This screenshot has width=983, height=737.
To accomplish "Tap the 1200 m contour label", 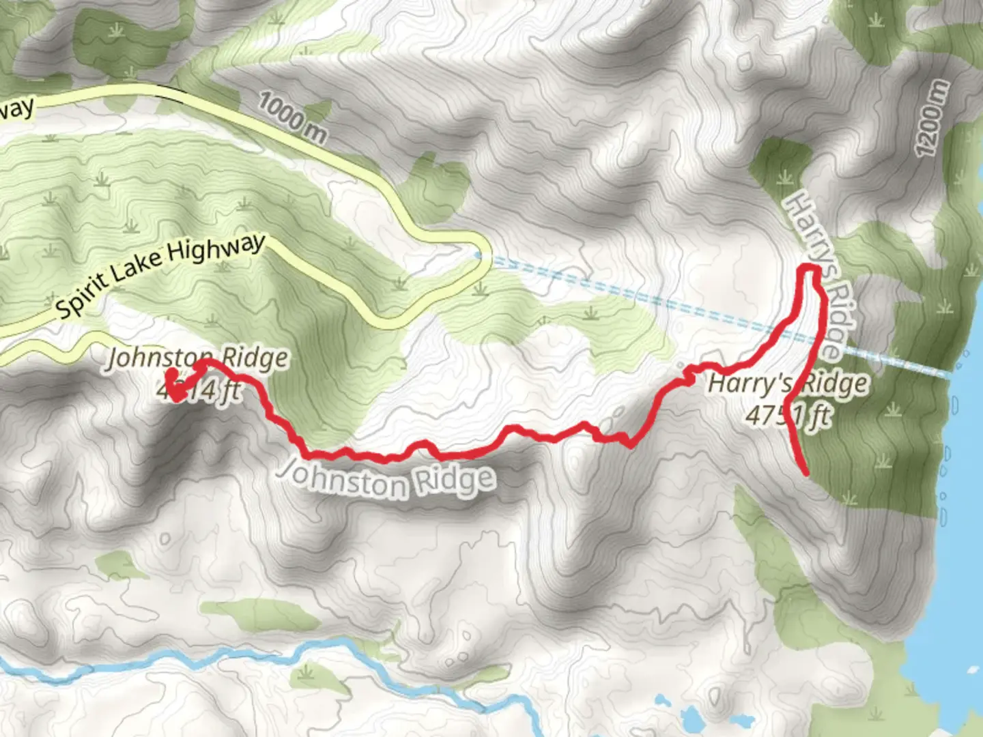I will (932, 118).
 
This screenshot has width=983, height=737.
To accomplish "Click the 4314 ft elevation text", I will (199, 390).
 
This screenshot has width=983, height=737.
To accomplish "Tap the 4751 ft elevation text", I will (788, 414).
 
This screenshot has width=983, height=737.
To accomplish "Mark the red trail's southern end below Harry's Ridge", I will (807, 472).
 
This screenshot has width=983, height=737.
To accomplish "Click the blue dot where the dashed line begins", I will (478, 256).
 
